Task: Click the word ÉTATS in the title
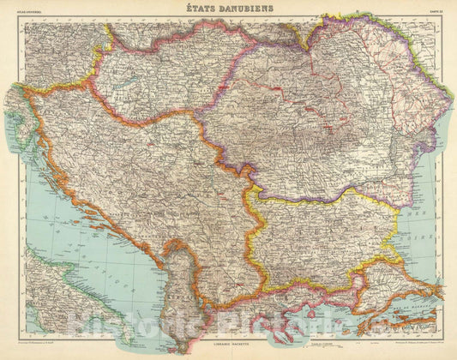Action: pos(204,9)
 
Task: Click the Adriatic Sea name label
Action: pos(94,257)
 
